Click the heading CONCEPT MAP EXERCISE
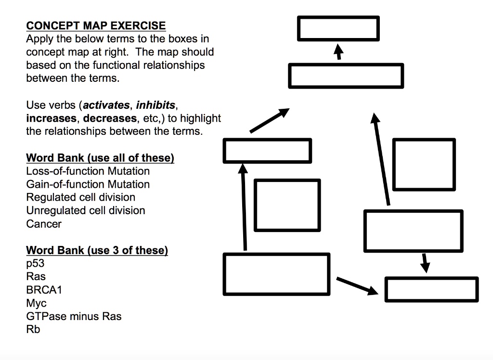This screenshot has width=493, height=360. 96,26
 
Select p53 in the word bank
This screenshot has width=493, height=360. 35,264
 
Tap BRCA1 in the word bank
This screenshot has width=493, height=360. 44,290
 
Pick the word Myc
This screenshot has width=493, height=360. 36,303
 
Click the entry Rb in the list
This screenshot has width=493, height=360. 33,330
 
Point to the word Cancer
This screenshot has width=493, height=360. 44,224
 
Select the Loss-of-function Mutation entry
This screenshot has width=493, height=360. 88,171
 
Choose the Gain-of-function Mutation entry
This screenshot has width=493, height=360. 88,184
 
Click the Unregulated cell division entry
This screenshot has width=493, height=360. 85,211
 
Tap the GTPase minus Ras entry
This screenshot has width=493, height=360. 74,317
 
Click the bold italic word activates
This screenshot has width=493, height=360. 107,105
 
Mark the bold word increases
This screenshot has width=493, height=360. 51,118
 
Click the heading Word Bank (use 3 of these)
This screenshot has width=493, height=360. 97,250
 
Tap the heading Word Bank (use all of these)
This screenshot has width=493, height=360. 100,158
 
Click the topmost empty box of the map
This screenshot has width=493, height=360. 338,28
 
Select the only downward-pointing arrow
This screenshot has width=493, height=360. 424,262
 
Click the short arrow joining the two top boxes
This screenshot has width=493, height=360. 339,51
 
